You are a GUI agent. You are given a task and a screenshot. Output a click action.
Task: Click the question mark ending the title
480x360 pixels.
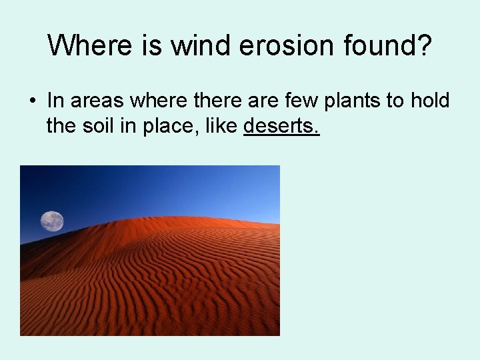(x=425, y=46)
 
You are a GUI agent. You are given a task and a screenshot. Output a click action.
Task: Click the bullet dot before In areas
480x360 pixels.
(x=32, y=102)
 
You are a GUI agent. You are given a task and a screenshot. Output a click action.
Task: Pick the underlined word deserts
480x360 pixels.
(x=281, y=125)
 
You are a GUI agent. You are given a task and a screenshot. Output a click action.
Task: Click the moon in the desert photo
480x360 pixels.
(x=52, y=221)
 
